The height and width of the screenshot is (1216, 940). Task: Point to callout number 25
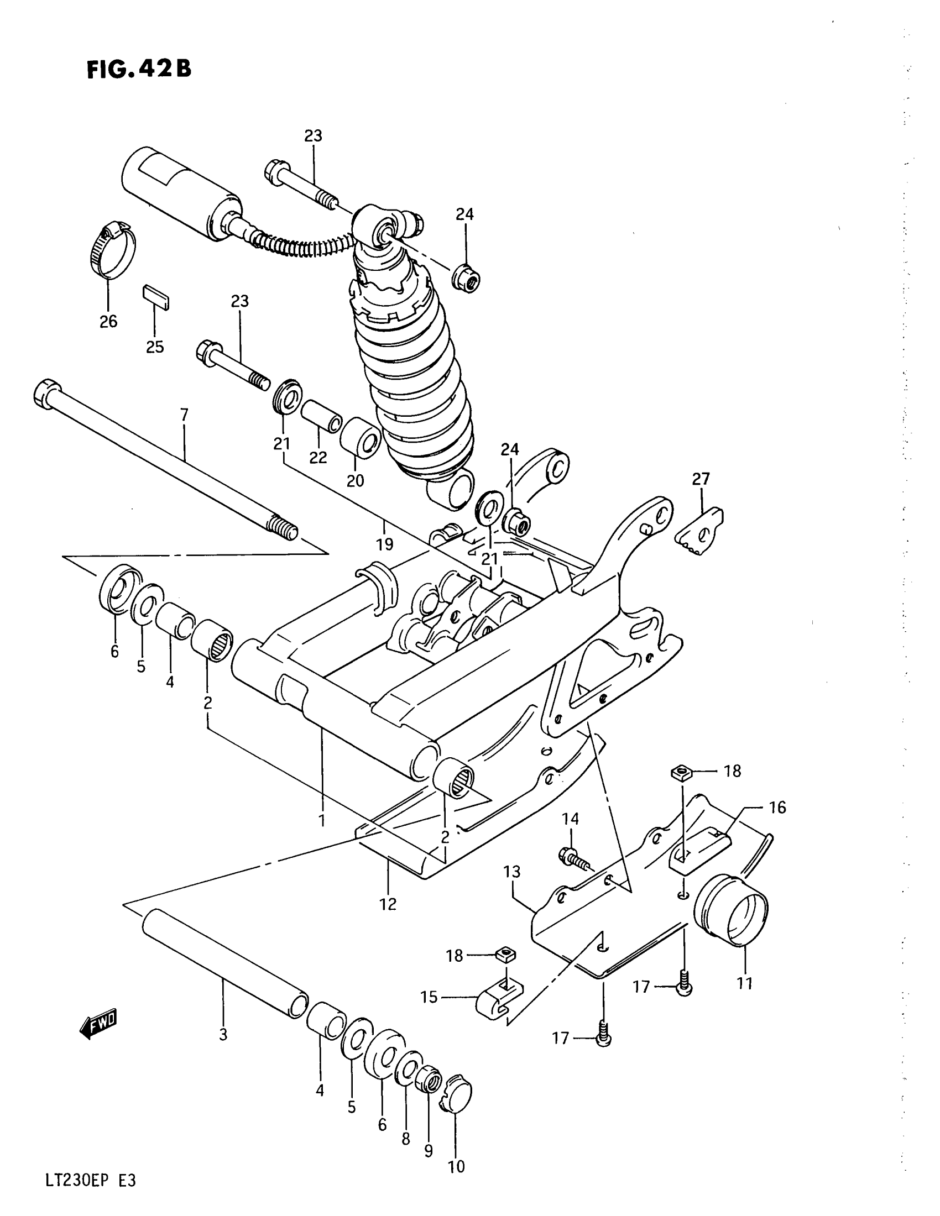point(155,347)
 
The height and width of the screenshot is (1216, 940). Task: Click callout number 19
point(385,544)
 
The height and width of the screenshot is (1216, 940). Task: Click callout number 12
point(388,904)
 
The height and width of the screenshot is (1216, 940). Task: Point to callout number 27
point(701,479)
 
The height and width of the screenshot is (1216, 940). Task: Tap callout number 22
point(318,457)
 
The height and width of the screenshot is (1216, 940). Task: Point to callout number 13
point(512,871)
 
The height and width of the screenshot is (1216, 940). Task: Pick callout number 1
point(321,820)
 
